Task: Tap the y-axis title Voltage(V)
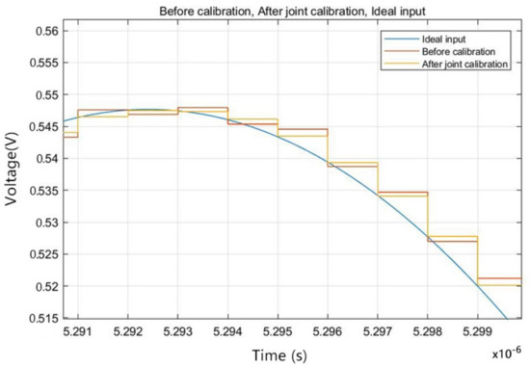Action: pos(14,173)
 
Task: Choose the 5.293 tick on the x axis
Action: pos(177,329)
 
